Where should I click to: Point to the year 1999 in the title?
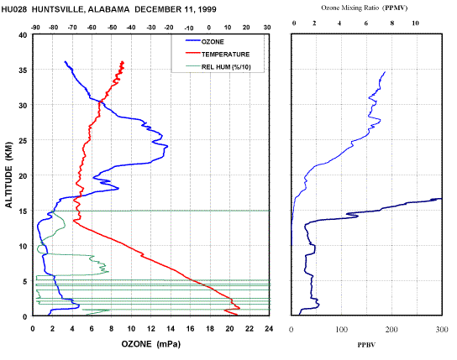pyautogui.click(x=207, y=9)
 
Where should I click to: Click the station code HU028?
pyautogui.click(x=14, y=9)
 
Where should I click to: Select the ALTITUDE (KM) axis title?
pyautogui.click(x=9, y=175)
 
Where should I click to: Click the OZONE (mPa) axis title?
pyautogui.click(x=151, y=344)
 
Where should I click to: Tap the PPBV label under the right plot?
pyautogui.click(x=366, y=345)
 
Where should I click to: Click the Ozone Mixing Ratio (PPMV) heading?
pyautogui.click(x=364, y=8)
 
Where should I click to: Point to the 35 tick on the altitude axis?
pyautogui.click(x=23, y=70)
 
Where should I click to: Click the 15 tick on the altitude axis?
pyautogui.click(x=23, y=211)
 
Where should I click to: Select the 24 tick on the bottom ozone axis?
pyautogui.click(x=269, y=329)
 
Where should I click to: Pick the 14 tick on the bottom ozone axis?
pyautogui.click(x=171, y=329)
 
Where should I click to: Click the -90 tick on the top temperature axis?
pyautogui.click(x=35, y=28)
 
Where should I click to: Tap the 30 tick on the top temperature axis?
pyautogui.click(x=267, y=28)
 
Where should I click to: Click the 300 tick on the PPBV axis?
pyautogui.click(x=442, y=330)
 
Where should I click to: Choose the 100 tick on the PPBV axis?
pyautogui.click(x=342, y=330)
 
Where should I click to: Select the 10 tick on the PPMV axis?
pyautogui.click(x=415, y=23)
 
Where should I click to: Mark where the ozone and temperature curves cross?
pyautogui.click(x=100, y=102)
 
